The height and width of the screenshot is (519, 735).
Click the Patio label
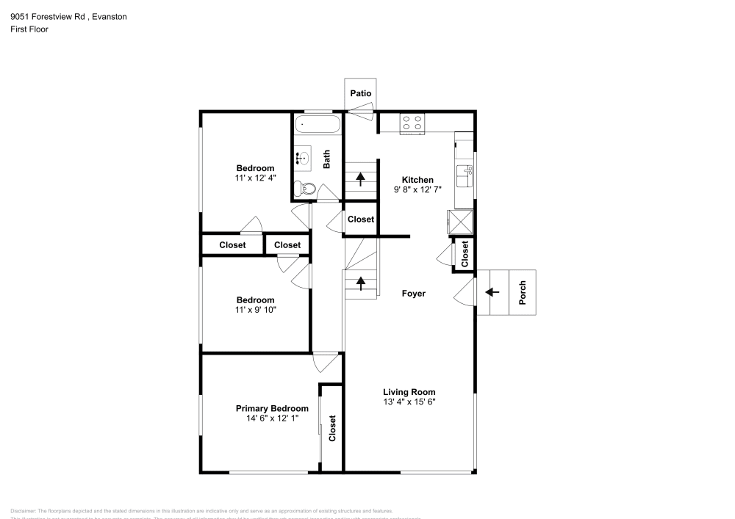pos(360,93)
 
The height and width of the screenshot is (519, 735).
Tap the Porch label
pos(523,294)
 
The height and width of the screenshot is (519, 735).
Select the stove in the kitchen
pos(412,123)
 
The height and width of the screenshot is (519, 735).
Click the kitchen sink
pos(465,176)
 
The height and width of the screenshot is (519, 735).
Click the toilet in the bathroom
pos(304,189)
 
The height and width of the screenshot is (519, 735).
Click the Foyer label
pos(413,294)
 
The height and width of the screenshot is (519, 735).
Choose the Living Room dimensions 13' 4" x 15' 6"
pos(409,402)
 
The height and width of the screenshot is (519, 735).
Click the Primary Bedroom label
pos(272,408)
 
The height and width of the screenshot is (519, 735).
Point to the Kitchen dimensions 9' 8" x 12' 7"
pos(417,190)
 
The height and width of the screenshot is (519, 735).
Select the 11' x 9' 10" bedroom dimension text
pos(255,310)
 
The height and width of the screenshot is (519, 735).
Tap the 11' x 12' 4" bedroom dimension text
pos(255,178)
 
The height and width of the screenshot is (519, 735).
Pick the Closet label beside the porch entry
pos(465,253)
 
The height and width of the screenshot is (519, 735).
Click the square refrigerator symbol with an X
pos(460,221)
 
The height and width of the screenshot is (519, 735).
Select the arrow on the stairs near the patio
pos(360,178)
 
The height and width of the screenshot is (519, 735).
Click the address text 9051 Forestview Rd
pos(47,16)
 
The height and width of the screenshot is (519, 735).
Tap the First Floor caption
pos(29,29)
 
